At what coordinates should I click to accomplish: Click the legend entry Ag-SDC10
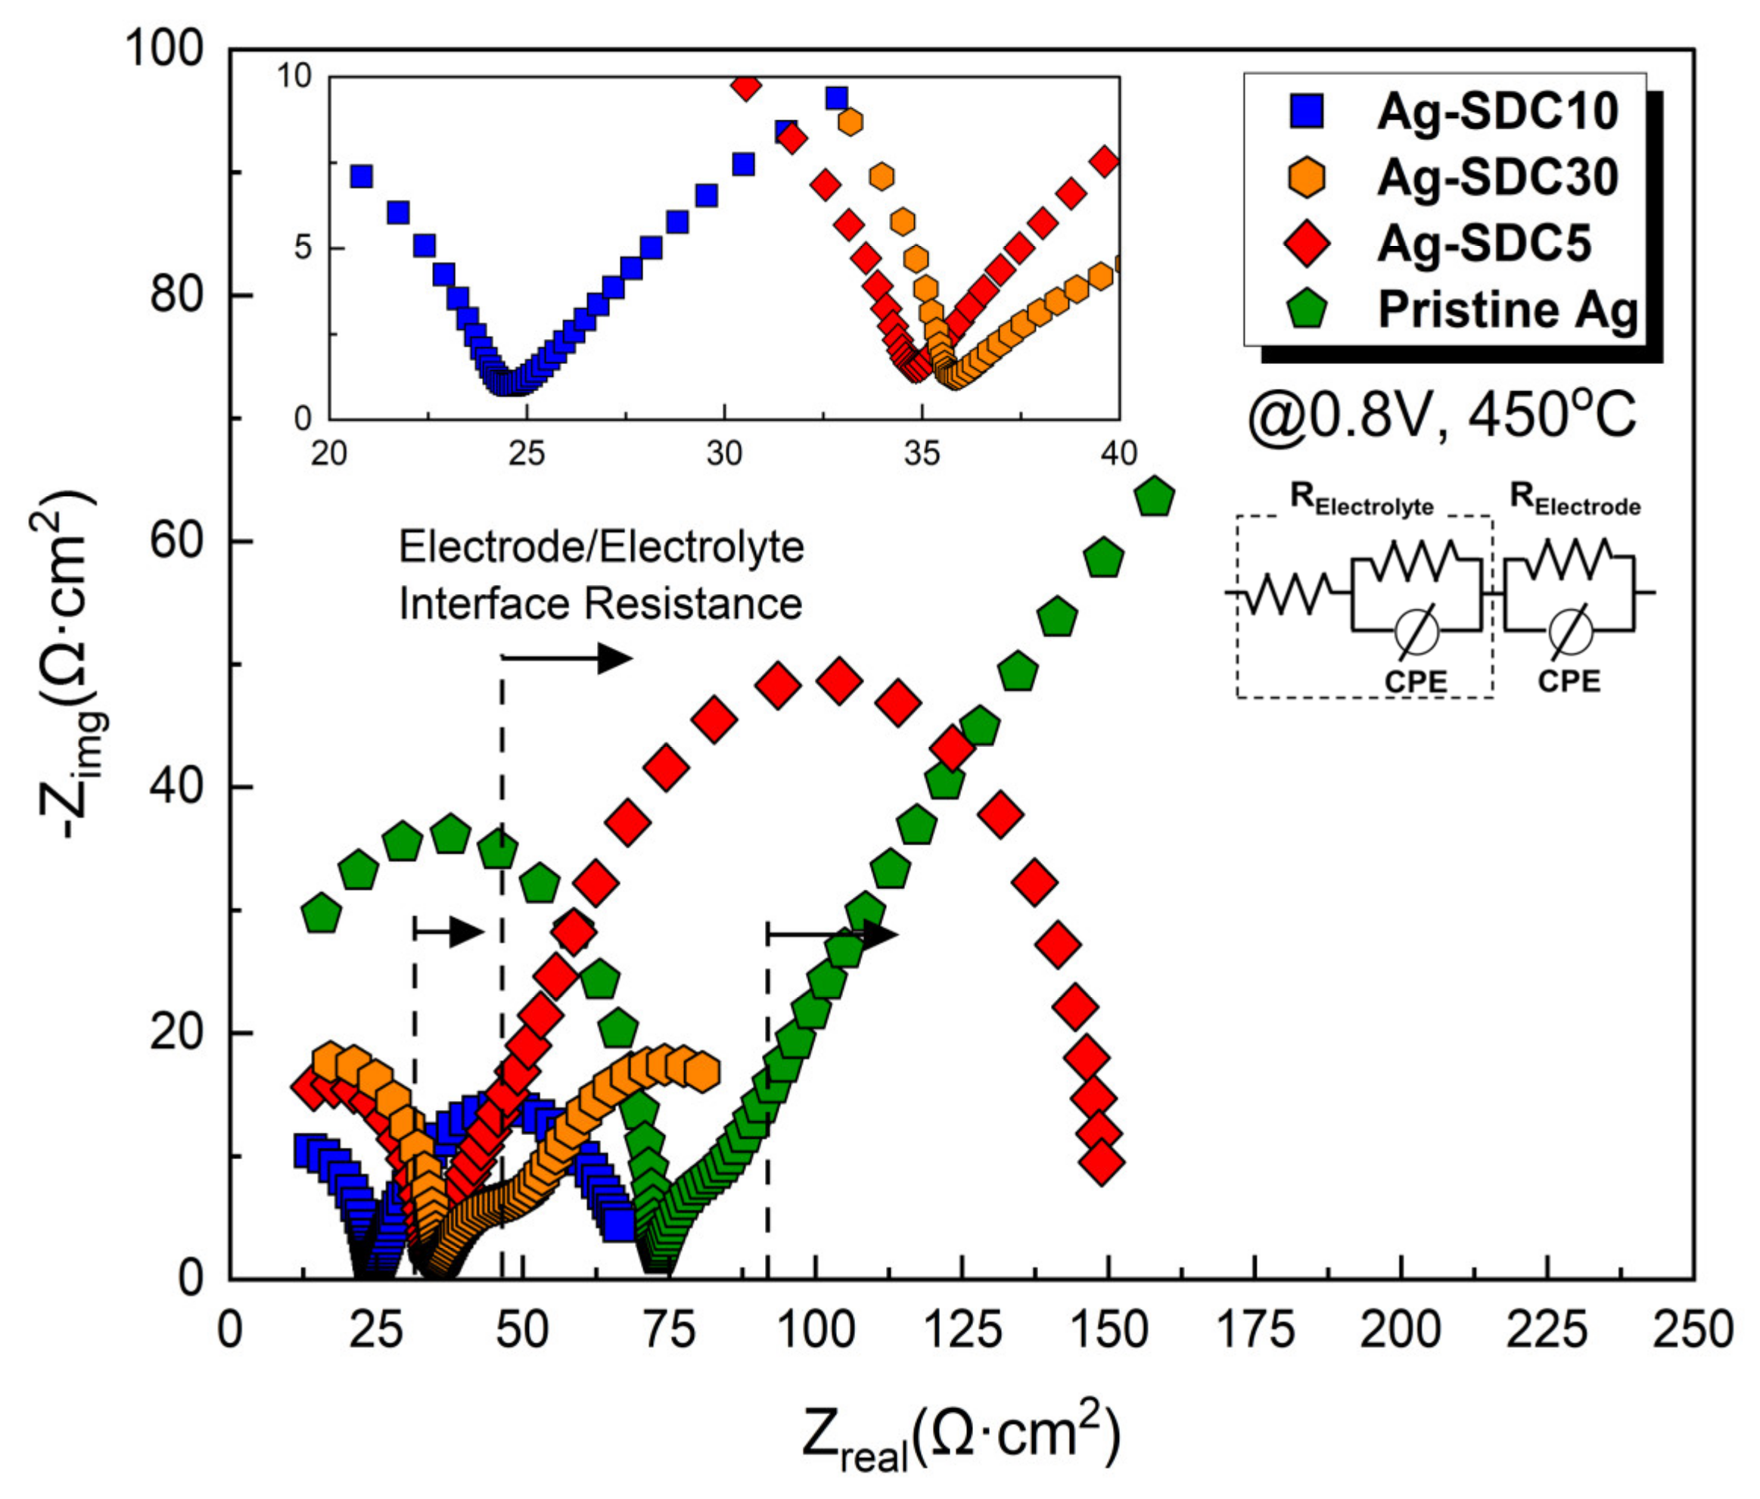(x=1497, y=111)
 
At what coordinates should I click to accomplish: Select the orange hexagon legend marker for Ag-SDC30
(x=1308, y=178)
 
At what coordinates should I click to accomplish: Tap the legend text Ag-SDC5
(x=1483, y=244)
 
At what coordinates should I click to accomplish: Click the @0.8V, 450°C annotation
(x=1441, y=417)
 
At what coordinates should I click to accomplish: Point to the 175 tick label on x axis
(x=1255, y=1330)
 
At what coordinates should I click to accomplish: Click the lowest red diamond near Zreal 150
(x=1102, y=1163)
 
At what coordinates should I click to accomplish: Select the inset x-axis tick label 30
(x=723, y=454)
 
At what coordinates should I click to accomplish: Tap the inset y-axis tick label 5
(x=303, y=248)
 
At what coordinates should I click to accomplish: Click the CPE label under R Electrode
(x=1569, y=680)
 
